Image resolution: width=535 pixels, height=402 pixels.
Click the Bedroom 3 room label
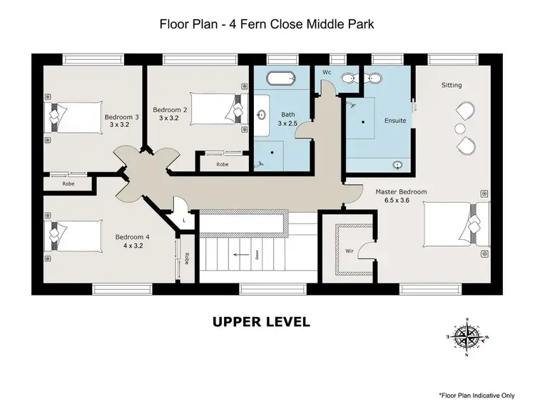coord(121,116)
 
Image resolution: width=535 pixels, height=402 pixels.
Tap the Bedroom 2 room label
coord(173,110)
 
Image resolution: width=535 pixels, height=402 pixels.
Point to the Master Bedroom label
coord(401,192)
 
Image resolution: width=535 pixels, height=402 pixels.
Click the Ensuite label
coord(394,121)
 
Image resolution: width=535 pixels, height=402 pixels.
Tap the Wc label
coord(326,72)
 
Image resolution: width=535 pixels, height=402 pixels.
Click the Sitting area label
coord(452,85)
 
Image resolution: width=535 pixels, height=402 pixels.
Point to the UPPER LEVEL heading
coord(261,322)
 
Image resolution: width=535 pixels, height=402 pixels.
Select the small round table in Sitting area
coord(459,128)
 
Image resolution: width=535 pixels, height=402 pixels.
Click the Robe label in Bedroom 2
coord(223,164)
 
